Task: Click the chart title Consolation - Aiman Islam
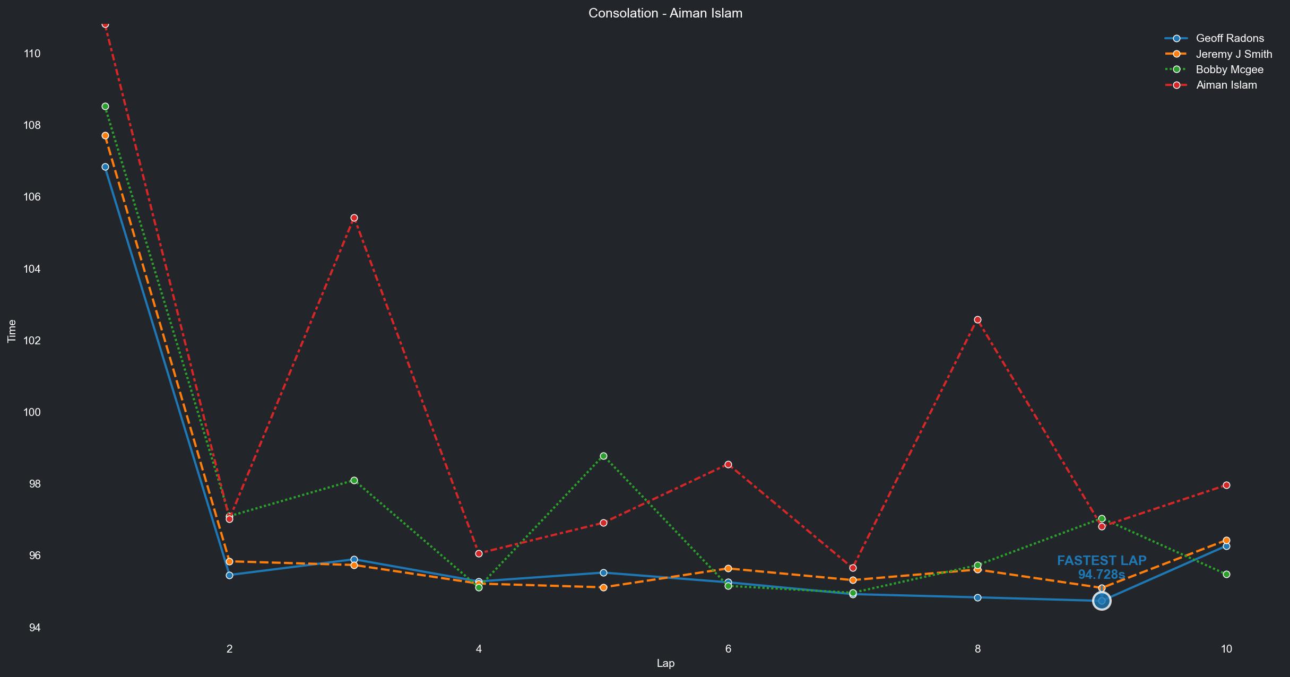click(x=665, y=13)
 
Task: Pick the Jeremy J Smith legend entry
click(x=1233, y=54)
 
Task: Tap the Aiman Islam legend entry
click(x=1226, y=85)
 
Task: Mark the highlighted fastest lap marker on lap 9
click(x=1102, y=601)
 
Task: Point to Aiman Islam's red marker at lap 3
click(x=354, y=218)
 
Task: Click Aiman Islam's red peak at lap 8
click(x=977, y=320)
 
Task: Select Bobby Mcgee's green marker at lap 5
click(x=603, y=456)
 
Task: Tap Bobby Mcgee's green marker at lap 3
click(x=354, y=481)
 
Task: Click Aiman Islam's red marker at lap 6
click(x=728, y=465)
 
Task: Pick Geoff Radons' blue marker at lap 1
click(x=105, y=167)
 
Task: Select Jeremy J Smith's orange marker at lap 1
click(x=105, y=136)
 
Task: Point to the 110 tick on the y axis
click(x=32, y=54)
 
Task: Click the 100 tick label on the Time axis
click(x=32, y=412)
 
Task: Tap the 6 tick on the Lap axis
click(x=728, y=648)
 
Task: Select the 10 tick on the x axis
click(x=1226, y=648)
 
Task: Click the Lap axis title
click(x=665, y=663)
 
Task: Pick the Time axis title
click(x=12, y=332)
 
